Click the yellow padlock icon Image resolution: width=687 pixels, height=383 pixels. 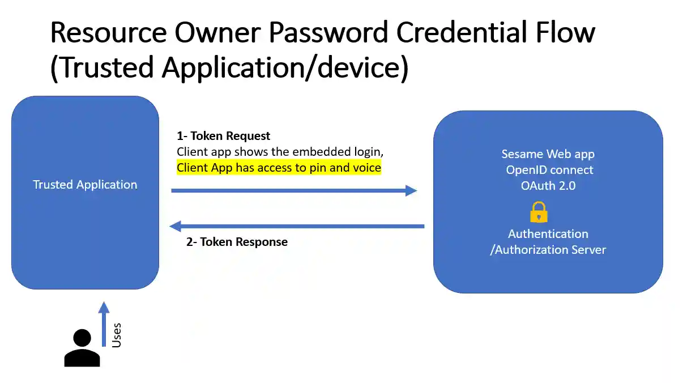539,212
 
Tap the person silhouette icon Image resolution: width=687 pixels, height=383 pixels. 82,347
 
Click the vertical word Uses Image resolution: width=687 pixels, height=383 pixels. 117,335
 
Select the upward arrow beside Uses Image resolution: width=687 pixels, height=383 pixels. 104,324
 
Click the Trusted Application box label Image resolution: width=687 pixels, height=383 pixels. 85,185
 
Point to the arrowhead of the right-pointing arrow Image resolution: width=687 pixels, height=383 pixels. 411,191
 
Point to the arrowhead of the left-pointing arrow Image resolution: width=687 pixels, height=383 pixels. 176,226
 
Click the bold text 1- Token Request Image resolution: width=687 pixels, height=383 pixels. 223,136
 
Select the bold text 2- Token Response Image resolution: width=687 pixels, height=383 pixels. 237,242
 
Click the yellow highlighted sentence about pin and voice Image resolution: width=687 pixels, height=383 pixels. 279,168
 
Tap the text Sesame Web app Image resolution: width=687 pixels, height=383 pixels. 548,154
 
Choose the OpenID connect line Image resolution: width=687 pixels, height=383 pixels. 549,170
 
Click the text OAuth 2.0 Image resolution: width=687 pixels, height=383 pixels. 548,185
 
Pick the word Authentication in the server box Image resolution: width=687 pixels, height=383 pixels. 548,234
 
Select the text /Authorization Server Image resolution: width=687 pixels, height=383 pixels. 548,250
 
